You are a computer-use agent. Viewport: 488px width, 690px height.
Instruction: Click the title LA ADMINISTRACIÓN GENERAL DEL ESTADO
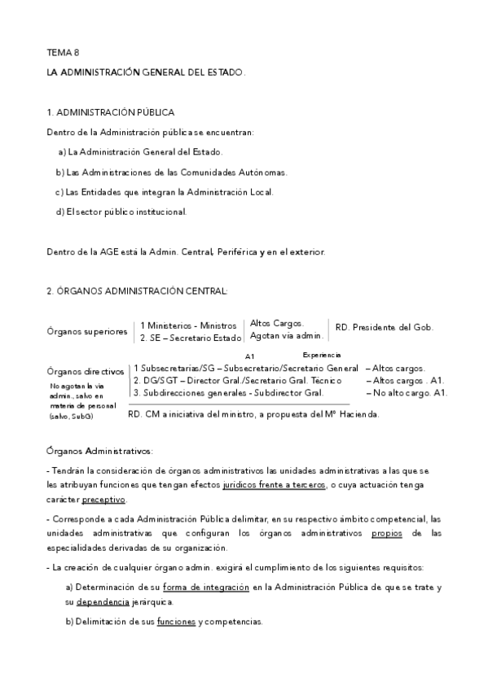[x=146, y=73]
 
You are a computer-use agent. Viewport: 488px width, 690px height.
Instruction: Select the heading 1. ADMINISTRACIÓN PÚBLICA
[x=110, y=112]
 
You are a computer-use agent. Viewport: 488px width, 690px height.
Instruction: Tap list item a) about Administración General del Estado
[x=140, y=152]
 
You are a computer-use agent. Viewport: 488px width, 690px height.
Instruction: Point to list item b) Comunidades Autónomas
[x=171, y=172]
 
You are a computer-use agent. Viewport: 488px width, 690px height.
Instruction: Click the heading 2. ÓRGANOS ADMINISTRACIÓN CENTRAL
[x=138, y=291]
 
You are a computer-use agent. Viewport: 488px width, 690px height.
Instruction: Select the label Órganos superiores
[x=87, y=331]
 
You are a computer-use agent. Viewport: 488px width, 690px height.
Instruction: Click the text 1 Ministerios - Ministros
[x=187, y=325]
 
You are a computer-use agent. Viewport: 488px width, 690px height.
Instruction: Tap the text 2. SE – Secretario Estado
[x=191, y=338]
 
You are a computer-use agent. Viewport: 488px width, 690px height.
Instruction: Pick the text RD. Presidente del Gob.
[x=384, y=328]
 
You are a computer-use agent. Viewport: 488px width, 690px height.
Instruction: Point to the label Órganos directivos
[x=86, y=371]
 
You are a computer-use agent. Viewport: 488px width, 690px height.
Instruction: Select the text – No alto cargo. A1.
[x=407, y=393]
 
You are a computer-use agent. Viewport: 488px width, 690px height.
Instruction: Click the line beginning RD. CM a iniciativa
[x=254, y=413]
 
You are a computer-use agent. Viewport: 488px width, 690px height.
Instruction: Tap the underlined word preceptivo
[x=103, y=499]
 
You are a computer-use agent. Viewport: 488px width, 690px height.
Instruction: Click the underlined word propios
[x=387, y=533]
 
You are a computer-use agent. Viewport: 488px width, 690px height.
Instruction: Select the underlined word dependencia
[x=103, y=602]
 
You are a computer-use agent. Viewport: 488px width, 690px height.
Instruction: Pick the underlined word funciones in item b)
[x=176, y=622]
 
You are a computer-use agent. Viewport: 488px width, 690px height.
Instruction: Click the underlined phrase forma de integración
[x=205, y=587]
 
